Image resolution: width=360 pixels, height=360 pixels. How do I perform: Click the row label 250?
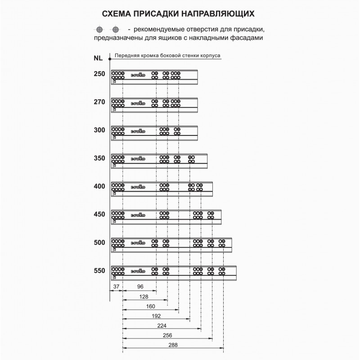(99, 74)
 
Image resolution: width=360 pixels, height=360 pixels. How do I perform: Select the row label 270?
(99, 102)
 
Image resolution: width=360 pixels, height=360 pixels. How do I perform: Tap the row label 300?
(99, 130)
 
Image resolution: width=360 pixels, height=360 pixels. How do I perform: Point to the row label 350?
(99, 158)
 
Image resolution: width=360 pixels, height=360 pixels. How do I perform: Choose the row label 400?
(99, 186)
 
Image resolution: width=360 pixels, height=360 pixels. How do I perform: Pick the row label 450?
(99, 214)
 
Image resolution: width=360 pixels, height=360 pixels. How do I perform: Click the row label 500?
(99, 243)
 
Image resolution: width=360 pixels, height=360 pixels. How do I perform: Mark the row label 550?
(99, 270)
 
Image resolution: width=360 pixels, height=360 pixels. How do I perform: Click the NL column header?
(98, 58)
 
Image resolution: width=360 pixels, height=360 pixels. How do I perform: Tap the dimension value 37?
(116, 286)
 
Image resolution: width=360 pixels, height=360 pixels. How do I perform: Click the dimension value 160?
(151, 307)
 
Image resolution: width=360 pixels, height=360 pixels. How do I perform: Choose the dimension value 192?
(157, 316)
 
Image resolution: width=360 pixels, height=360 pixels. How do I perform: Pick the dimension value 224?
(162, 326)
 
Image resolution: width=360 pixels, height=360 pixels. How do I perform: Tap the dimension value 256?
(167, 336)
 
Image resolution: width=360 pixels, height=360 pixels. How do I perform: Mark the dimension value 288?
(173, 345)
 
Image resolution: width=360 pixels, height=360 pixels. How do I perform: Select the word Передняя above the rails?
(127, 56)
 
